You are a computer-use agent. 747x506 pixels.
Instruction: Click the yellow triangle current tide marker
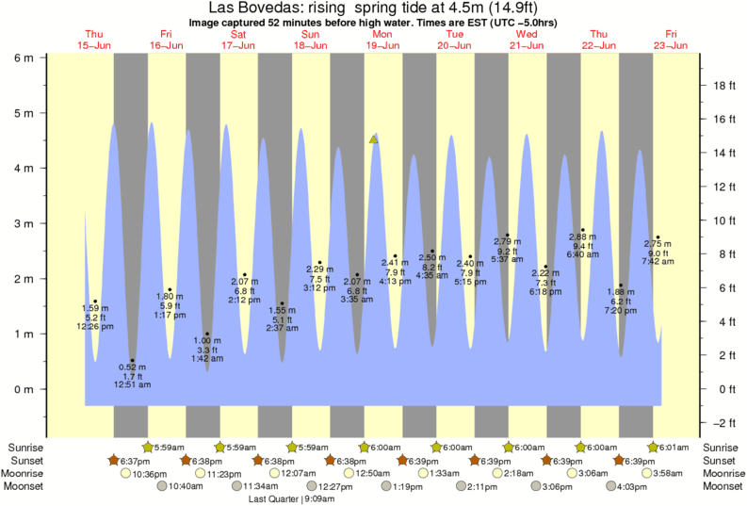374,139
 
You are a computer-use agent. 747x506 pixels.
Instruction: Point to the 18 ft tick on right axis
723,85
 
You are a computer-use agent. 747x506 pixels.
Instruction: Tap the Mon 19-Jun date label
382,39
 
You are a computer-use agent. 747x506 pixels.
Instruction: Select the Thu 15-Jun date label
94,39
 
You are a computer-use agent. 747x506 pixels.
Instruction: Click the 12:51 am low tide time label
133,384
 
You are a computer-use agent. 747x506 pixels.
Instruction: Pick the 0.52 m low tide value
133,367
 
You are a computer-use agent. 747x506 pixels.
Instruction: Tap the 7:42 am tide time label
658,261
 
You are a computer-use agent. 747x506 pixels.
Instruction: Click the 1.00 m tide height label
207,340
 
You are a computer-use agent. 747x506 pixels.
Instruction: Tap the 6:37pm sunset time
136,461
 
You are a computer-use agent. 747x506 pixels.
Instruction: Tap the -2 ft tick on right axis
723,423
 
